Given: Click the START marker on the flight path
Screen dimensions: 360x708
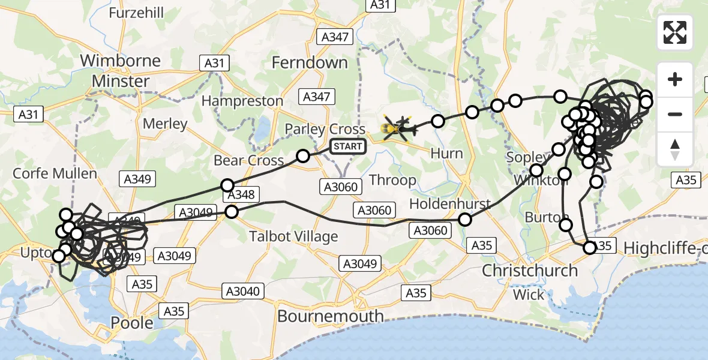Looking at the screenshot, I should click(348, 146).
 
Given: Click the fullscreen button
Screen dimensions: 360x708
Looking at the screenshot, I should click(675, 32).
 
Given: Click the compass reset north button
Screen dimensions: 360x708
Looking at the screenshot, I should click(675, 149).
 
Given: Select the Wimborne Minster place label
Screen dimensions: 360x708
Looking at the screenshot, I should click(120, 71).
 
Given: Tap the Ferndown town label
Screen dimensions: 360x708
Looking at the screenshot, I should click(310, 62).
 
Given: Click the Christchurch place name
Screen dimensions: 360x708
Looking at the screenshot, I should click(530, 271).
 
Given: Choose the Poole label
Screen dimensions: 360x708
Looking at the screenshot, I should click(132, 322).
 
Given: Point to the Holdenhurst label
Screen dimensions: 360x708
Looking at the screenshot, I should click(449, 204).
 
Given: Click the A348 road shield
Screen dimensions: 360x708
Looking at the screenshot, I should click(241, 194).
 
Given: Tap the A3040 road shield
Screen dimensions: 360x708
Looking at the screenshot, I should click(242, 292).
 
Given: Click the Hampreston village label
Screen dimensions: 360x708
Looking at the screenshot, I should click(242, 101).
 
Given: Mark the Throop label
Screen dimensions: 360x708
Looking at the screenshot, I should click(392, 179).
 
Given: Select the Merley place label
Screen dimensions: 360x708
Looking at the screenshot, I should click(165, 124).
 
